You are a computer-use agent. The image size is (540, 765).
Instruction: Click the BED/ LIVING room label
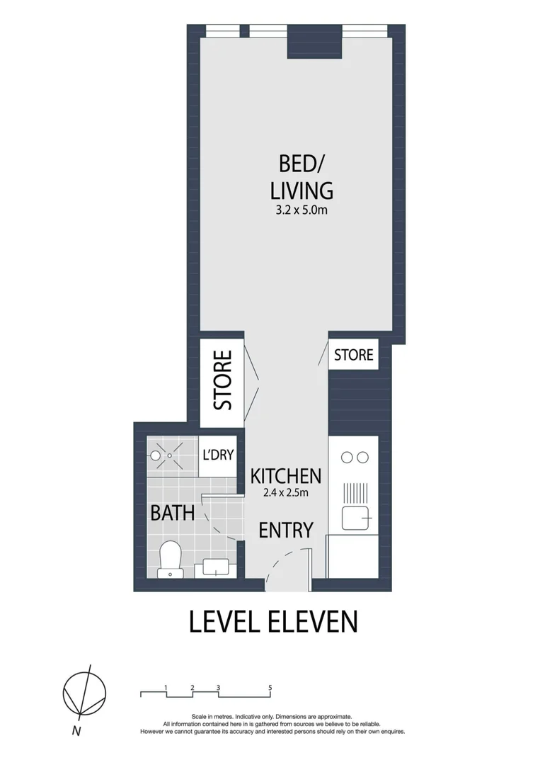click(x=301, y=176)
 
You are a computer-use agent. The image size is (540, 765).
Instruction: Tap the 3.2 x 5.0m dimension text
click(x=301, y=210)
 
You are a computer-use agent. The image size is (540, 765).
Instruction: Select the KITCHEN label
click(x=287, y=476)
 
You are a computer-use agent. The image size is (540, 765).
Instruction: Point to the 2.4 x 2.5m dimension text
click(x=287, y=493)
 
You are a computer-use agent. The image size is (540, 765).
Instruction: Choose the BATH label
click(x=172, y=513)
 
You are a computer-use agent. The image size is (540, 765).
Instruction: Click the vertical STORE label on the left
click(x=223, y=380)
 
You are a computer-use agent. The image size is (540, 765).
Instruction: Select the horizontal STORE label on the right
click(x=353, y=354)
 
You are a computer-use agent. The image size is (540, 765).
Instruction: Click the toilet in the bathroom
click(x=170, y=559)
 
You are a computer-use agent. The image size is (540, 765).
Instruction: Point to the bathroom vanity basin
click(x=217, y=566)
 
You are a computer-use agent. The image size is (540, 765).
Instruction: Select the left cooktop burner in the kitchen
click(x=346, y=458)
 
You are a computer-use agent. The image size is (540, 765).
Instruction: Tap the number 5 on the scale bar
click(x=270, y=687)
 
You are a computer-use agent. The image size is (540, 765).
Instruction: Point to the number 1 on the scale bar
click(x=166, y=687)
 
